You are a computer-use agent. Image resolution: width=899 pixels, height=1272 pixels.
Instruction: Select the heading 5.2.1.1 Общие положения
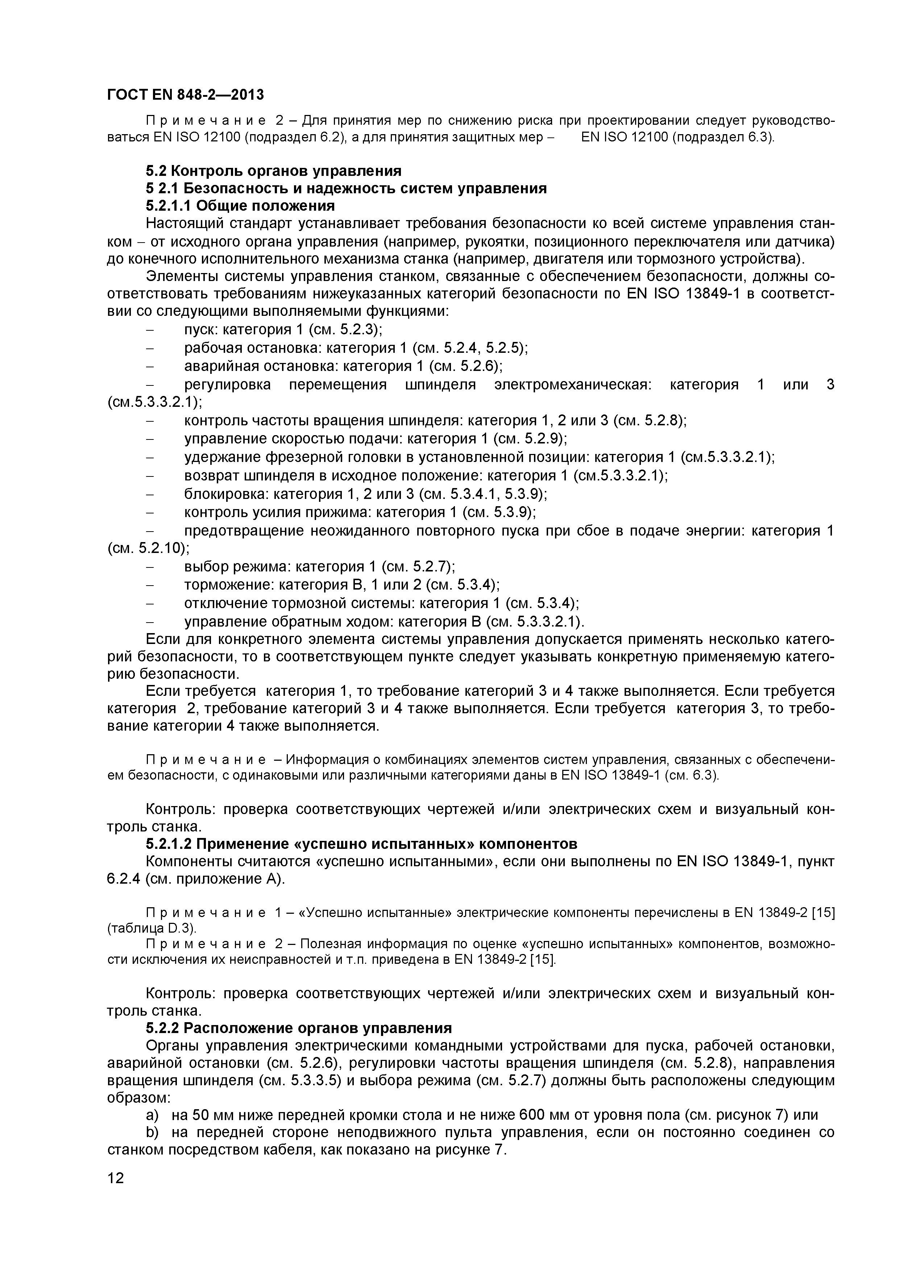tap(240, 206)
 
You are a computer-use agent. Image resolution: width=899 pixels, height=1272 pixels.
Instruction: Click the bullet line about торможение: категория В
tap(341, 585)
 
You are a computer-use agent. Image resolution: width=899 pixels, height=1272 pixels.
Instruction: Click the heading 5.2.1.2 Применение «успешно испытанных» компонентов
tap(361, 844)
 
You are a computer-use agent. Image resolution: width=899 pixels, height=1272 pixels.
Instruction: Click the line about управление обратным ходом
tap(384, 621)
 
